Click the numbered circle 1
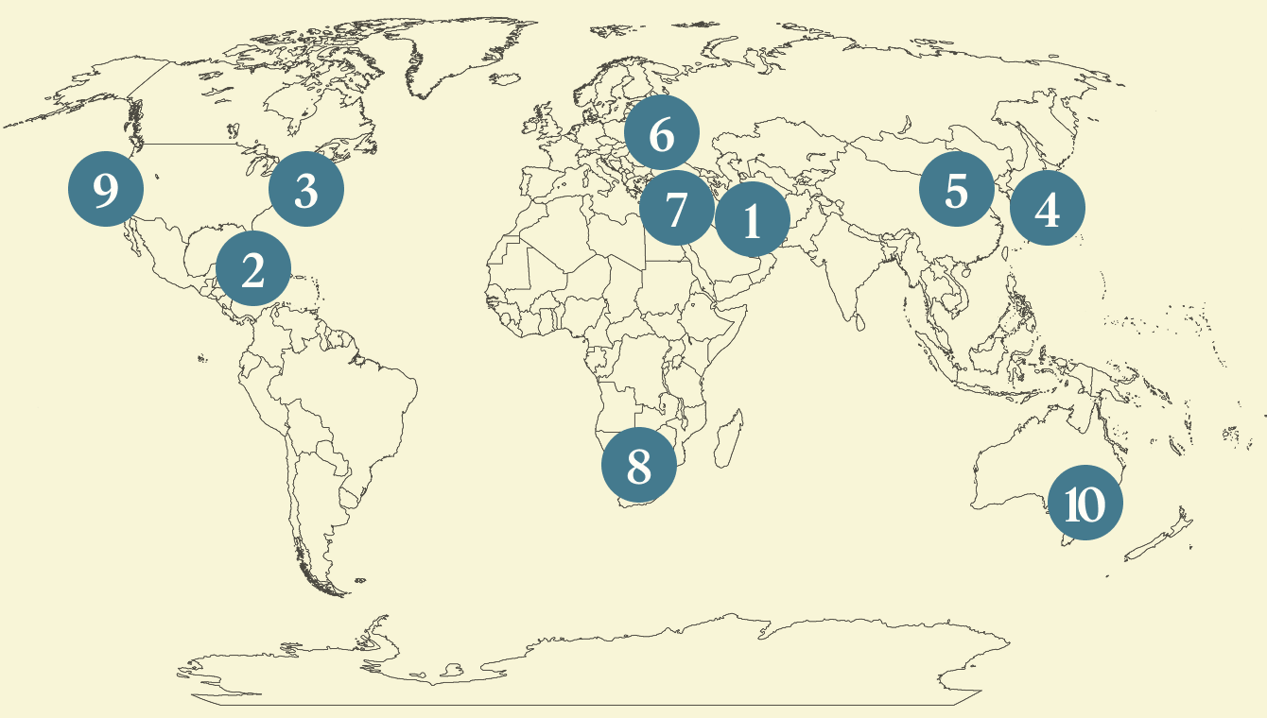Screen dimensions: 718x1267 tap(752, 221)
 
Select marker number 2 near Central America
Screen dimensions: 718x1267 tap(252, 270)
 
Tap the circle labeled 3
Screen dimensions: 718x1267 tap(306, 190)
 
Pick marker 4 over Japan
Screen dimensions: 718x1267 tap(1047, 209)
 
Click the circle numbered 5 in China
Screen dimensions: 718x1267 tap(956, 190)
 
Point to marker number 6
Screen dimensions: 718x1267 tap(662, 135)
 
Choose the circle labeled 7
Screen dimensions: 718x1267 tap(675, 209)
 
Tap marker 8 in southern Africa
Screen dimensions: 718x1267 tap(639, 465)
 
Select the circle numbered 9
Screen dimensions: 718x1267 tap(106, 190)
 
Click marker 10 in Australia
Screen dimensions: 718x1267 tap(1085, 504)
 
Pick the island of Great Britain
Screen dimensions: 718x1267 tap(543, 123)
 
